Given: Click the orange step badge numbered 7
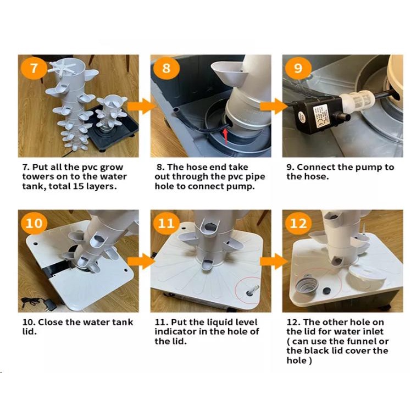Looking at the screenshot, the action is [x=34, y=68].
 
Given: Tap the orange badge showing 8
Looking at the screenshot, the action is [x=166, y=68].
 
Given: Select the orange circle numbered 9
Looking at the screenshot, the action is [x=298, y=68].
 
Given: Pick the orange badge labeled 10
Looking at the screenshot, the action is [x=34, y=223].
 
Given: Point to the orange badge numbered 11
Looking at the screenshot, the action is [x=166, y=223].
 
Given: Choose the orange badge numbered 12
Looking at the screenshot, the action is [x=298, y=223].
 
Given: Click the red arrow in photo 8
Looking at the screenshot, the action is [x=225, y=136].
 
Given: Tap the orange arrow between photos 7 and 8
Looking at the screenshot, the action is [x=142, y=107].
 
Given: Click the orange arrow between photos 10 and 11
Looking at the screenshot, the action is [x=142, y=261].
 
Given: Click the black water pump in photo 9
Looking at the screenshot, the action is [x=317, y=114].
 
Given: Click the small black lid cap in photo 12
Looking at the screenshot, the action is [x=326, y=291].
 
